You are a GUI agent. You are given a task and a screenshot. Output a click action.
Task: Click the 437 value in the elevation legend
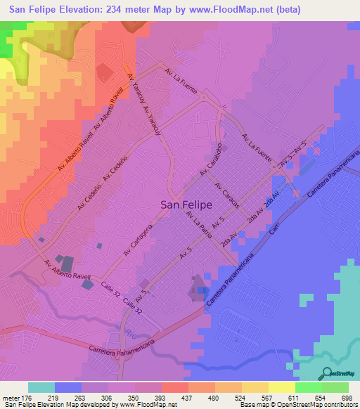tap(186, 398)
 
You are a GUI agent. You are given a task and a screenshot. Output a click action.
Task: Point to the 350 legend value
tap(133, 398)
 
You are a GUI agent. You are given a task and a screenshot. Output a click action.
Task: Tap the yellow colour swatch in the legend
tap(281, 387)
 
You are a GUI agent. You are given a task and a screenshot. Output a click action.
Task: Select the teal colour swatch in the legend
tap(41, 387)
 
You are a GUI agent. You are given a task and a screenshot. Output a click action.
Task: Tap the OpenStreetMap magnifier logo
tap(328, 372)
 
